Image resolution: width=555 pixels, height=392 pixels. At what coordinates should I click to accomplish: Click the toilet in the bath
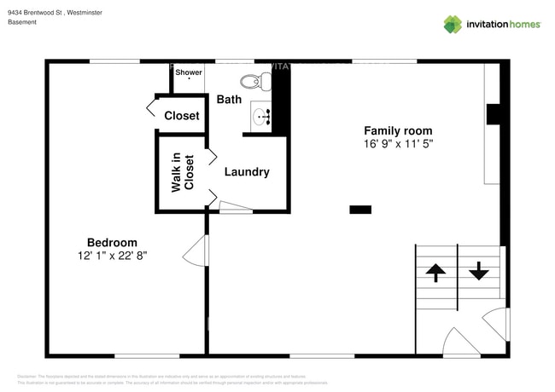pos(254,83)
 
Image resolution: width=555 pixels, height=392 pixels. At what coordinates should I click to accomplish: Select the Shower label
pos(189,72)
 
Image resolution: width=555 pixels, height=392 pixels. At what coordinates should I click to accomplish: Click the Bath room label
pos(229,100)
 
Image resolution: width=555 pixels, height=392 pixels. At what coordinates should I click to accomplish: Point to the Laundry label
pos(247,172)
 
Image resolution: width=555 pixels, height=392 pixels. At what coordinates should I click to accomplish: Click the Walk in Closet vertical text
pos(183,172)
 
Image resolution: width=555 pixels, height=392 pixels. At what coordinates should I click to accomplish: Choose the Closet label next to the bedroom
pos(182,116)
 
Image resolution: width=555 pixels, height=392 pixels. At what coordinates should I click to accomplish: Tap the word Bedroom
pos(112,242)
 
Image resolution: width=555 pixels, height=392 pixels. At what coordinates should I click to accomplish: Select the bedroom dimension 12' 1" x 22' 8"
pos(112,256)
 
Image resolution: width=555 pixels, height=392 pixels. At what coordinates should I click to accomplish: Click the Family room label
pos(398,130)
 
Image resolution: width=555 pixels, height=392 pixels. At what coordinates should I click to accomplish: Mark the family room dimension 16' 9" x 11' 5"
pos(398,144)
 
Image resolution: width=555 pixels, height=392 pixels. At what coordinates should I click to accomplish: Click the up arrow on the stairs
pos(435,273)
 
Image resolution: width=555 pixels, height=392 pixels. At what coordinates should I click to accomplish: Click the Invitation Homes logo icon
pos(452,24)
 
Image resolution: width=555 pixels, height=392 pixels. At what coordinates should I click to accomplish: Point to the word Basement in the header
pos(23,22)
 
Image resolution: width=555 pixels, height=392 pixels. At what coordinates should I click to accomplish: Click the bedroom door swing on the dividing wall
pos(196,251)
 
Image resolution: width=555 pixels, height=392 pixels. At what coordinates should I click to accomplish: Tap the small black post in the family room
pos(360,209)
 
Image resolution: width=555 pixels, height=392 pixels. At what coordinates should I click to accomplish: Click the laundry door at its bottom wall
pos(234,206)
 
